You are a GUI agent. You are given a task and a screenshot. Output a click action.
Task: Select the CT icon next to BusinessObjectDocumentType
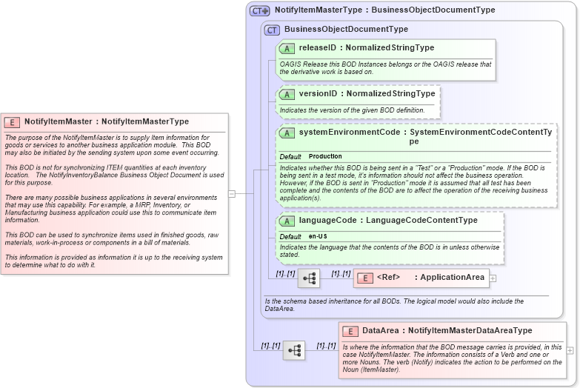[x=272, y=30]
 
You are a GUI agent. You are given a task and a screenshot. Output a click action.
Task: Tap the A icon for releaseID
[x=287, y=48]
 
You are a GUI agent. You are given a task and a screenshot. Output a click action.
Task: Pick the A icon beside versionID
[x=287, y=95]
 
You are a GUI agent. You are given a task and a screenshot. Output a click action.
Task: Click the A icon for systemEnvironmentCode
[x=287, y=133]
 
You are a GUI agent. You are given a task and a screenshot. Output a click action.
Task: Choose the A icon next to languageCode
[x=287, y=221]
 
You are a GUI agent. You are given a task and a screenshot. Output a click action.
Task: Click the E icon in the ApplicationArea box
[x=364, y=278]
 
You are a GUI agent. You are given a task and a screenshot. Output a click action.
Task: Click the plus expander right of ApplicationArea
[x=493, y=278]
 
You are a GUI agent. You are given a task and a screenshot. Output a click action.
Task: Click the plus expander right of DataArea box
[x=570, y=350]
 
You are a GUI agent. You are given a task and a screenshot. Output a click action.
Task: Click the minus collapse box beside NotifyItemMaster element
[x=232, y=194]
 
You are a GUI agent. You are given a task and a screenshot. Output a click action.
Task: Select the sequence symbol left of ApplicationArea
[x=309, y=278]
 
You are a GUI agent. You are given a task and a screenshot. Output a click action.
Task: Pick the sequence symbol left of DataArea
[x=294, y=350]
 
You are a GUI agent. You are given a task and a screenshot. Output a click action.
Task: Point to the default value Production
[x=325, y=157]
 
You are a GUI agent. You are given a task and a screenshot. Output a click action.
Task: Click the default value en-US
[x=318, y=236]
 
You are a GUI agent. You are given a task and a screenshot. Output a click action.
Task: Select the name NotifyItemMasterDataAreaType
[x=470, y=331]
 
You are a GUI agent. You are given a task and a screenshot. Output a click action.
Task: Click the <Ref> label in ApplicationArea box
[x=388, y=278]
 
